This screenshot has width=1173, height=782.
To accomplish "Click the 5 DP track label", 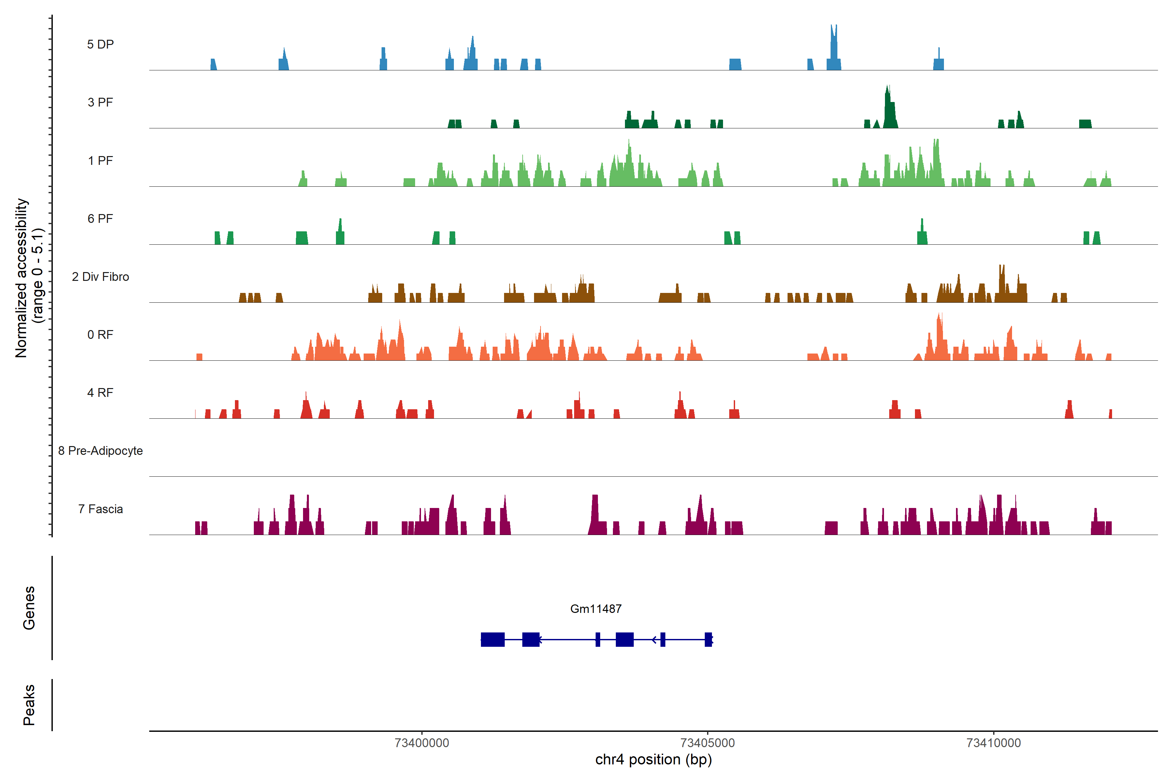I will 100,44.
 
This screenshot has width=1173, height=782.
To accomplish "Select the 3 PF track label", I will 100,102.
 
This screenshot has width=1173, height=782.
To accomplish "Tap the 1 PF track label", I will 100,161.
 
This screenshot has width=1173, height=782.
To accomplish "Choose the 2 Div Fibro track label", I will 100,277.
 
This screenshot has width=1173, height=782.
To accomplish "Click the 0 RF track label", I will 100,335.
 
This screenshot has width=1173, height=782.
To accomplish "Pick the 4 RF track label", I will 100,393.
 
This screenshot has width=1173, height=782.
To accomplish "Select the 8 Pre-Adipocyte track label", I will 100,451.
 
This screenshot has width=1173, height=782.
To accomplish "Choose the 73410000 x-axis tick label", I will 993,743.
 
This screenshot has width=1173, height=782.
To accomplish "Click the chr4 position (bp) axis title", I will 653,760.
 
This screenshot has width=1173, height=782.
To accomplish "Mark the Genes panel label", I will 29,608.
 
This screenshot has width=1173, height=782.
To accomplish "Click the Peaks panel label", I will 29,705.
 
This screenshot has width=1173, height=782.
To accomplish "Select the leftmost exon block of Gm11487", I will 492,639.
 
